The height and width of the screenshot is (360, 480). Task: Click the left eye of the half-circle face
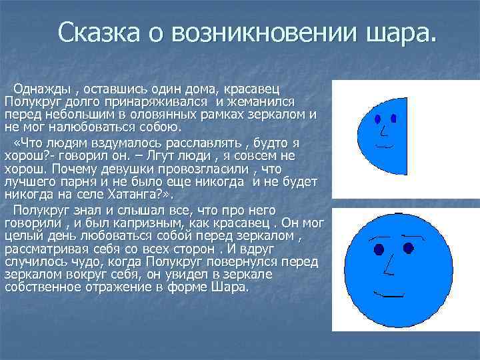point(378,119)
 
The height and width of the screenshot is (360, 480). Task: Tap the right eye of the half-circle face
point(393,119)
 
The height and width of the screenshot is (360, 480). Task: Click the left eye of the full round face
point(379,249)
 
